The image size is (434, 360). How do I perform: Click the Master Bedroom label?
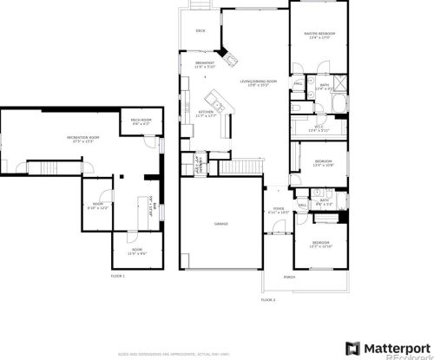coord(319,34)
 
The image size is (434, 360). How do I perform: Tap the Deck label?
coord(200,31)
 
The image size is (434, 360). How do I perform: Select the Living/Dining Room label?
coord(258,82)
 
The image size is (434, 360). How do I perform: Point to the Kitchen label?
coord(206,112)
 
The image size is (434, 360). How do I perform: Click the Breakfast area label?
coord(204,63)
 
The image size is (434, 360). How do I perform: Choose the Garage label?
coord(220,223)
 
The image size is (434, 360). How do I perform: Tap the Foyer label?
coord(278,209)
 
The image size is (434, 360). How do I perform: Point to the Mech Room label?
coord(141,121)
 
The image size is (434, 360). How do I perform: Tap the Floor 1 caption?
coord(117,275)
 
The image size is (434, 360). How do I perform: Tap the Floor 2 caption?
coord(268,298)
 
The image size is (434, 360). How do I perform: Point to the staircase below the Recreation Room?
coord(42,167)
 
